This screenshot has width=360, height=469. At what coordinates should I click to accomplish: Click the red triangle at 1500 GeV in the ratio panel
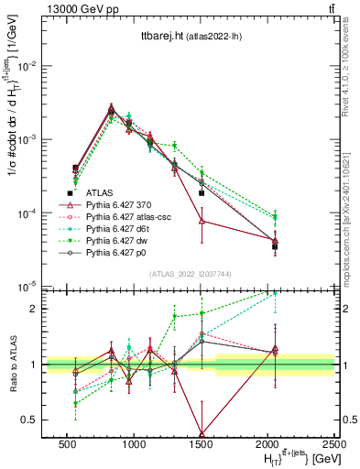tap(202, 434)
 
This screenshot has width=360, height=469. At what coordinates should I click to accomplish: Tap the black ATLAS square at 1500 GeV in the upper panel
tap(202, 193)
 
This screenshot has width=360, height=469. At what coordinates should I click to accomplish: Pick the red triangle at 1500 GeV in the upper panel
tap(202, 221)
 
